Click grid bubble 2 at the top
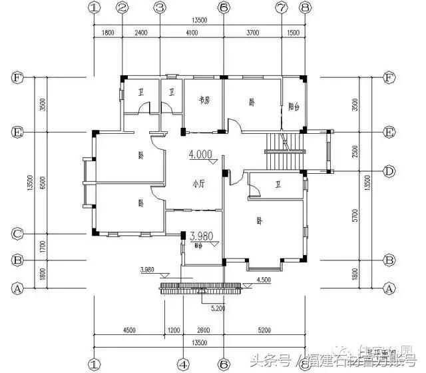point(122,8)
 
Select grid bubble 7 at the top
point(282,8)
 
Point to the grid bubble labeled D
point(390,171)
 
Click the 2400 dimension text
point(140,32)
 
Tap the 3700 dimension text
point(253,32)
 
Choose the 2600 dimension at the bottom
point(204,329)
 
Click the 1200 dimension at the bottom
point(174,329)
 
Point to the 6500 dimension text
point(41,181)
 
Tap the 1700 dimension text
point(41,246)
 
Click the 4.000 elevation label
point(200,155)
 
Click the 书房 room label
point(204,101)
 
